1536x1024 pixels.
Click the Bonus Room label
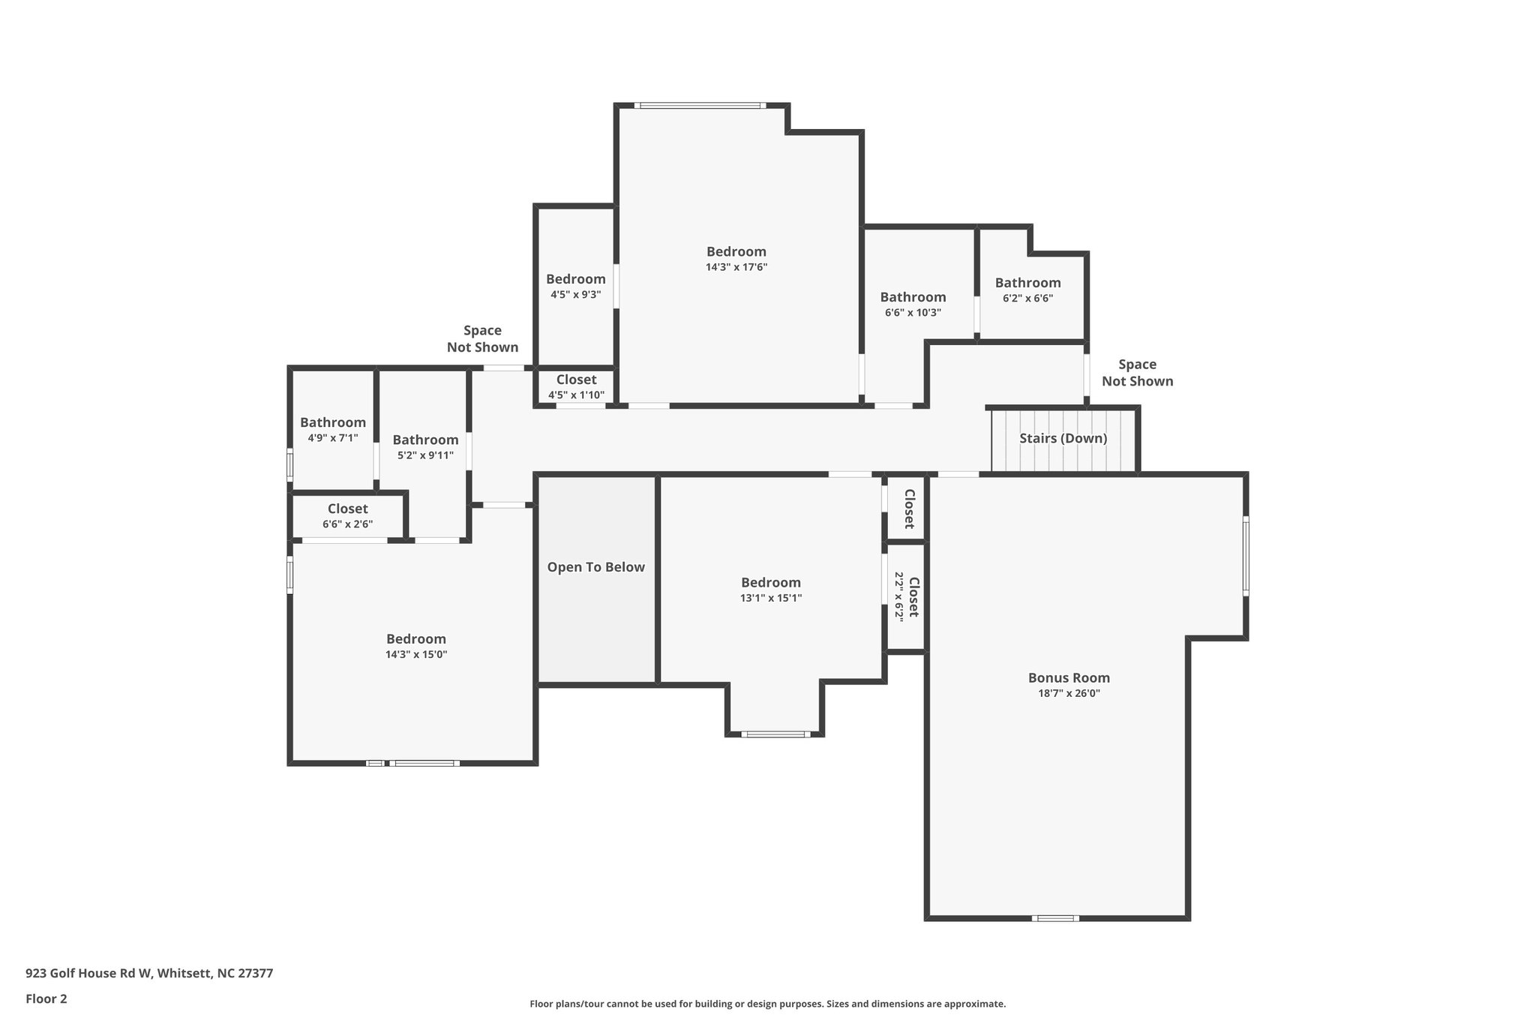(x=1069, y=677)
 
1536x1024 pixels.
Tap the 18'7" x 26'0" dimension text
(x=1069, y=694)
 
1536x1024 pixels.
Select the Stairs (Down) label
(x=1063, y=438)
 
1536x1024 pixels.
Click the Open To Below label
(x=595, y=567)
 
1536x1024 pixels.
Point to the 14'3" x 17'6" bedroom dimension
(x=736, y=267)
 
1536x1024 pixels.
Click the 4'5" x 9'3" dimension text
(x=575, y=295)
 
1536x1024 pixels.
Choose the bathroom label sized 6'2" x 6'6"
(x=1027, y=283)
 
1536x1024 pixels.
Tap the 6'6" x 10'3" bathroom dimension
(x=913, y=313)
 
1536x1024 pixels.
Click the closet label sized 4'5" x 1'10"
(x=576, y=380)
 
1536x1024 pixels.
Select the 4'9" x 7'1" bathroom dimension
(x=332, y=438)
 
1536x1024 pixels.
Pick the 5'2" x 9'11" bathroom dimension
(x=425, y=455)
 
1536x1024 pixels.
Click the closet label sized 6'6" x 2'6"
(x=347, y=509)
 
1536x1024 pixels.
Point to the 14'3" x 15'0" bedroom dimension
(x=416, y=655)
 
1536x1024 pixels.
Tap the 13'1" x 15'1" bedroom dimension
(x=770, y=599)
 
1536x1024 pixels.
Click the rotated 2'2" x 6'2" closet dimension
(x=898, y=596)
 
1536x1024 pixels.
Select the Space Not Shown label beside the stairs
(x=1137, y=373)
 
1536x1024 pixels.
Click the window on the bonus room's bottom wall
(x=1055, y=918)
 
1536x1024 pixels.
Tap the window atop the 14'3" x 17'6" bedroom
(x=700, y=106)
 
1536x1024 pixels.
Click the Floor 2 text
(x=46, y=998)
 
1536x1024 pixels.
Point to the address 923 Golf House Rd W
(x=149, y=974)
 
